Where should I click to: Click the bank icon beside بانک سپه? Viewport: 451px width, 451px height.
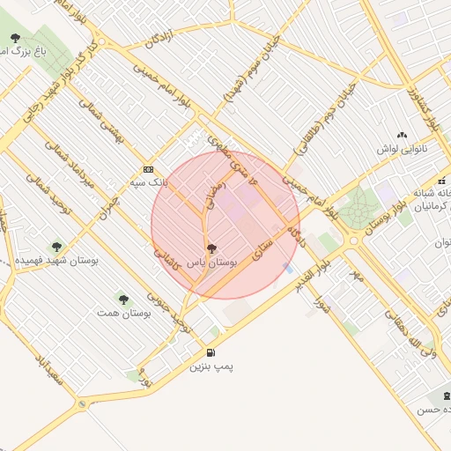tap(147, 169)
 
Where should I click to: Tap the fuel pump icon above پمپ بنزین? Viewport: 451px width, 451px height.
tap(210, 353)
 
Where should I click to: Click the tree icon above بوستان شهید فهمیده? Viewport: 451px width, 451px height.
tap(57, 248)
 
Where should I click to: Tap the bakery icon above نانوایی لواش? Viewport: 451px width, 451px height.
tap(403, 135)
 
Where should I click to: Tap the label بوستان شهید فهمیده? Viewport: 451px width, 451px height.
tap(57, 262)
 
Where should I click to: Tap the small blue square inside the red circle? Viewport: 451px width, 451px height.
tap(288, 267)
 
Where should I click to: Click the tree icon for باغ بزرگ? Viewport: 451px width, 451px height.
tap(15, 37)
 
